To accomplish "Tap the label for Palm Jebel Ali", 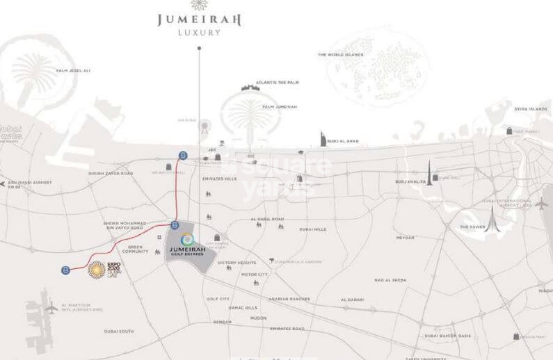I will pyautogui.click(x=74, y=70).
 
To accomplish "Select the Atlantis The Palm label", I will pyautogui.click(x=277, y=83).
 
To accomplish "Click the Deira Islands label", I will pyautogui.click(x=531, y=109).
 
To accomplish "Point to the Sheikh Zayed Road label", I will pyautogui.click(x=110, y=173).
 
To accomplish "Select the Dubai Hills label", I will pyautogui.click(x=312, y=229).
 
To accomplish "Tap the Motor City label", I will pyautogui.click(x=255, y=275).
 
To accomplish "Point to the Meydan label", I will pyautogui.click(x=405, y=238).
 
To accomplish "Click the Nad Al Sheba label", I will pyautogui.click(x=390, y=281).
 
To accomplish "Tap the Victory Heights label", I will pyautogui.click(x=237, y=263).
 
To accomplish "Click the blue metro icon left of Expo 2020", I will pyautogui.click(x=65, y=270).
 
